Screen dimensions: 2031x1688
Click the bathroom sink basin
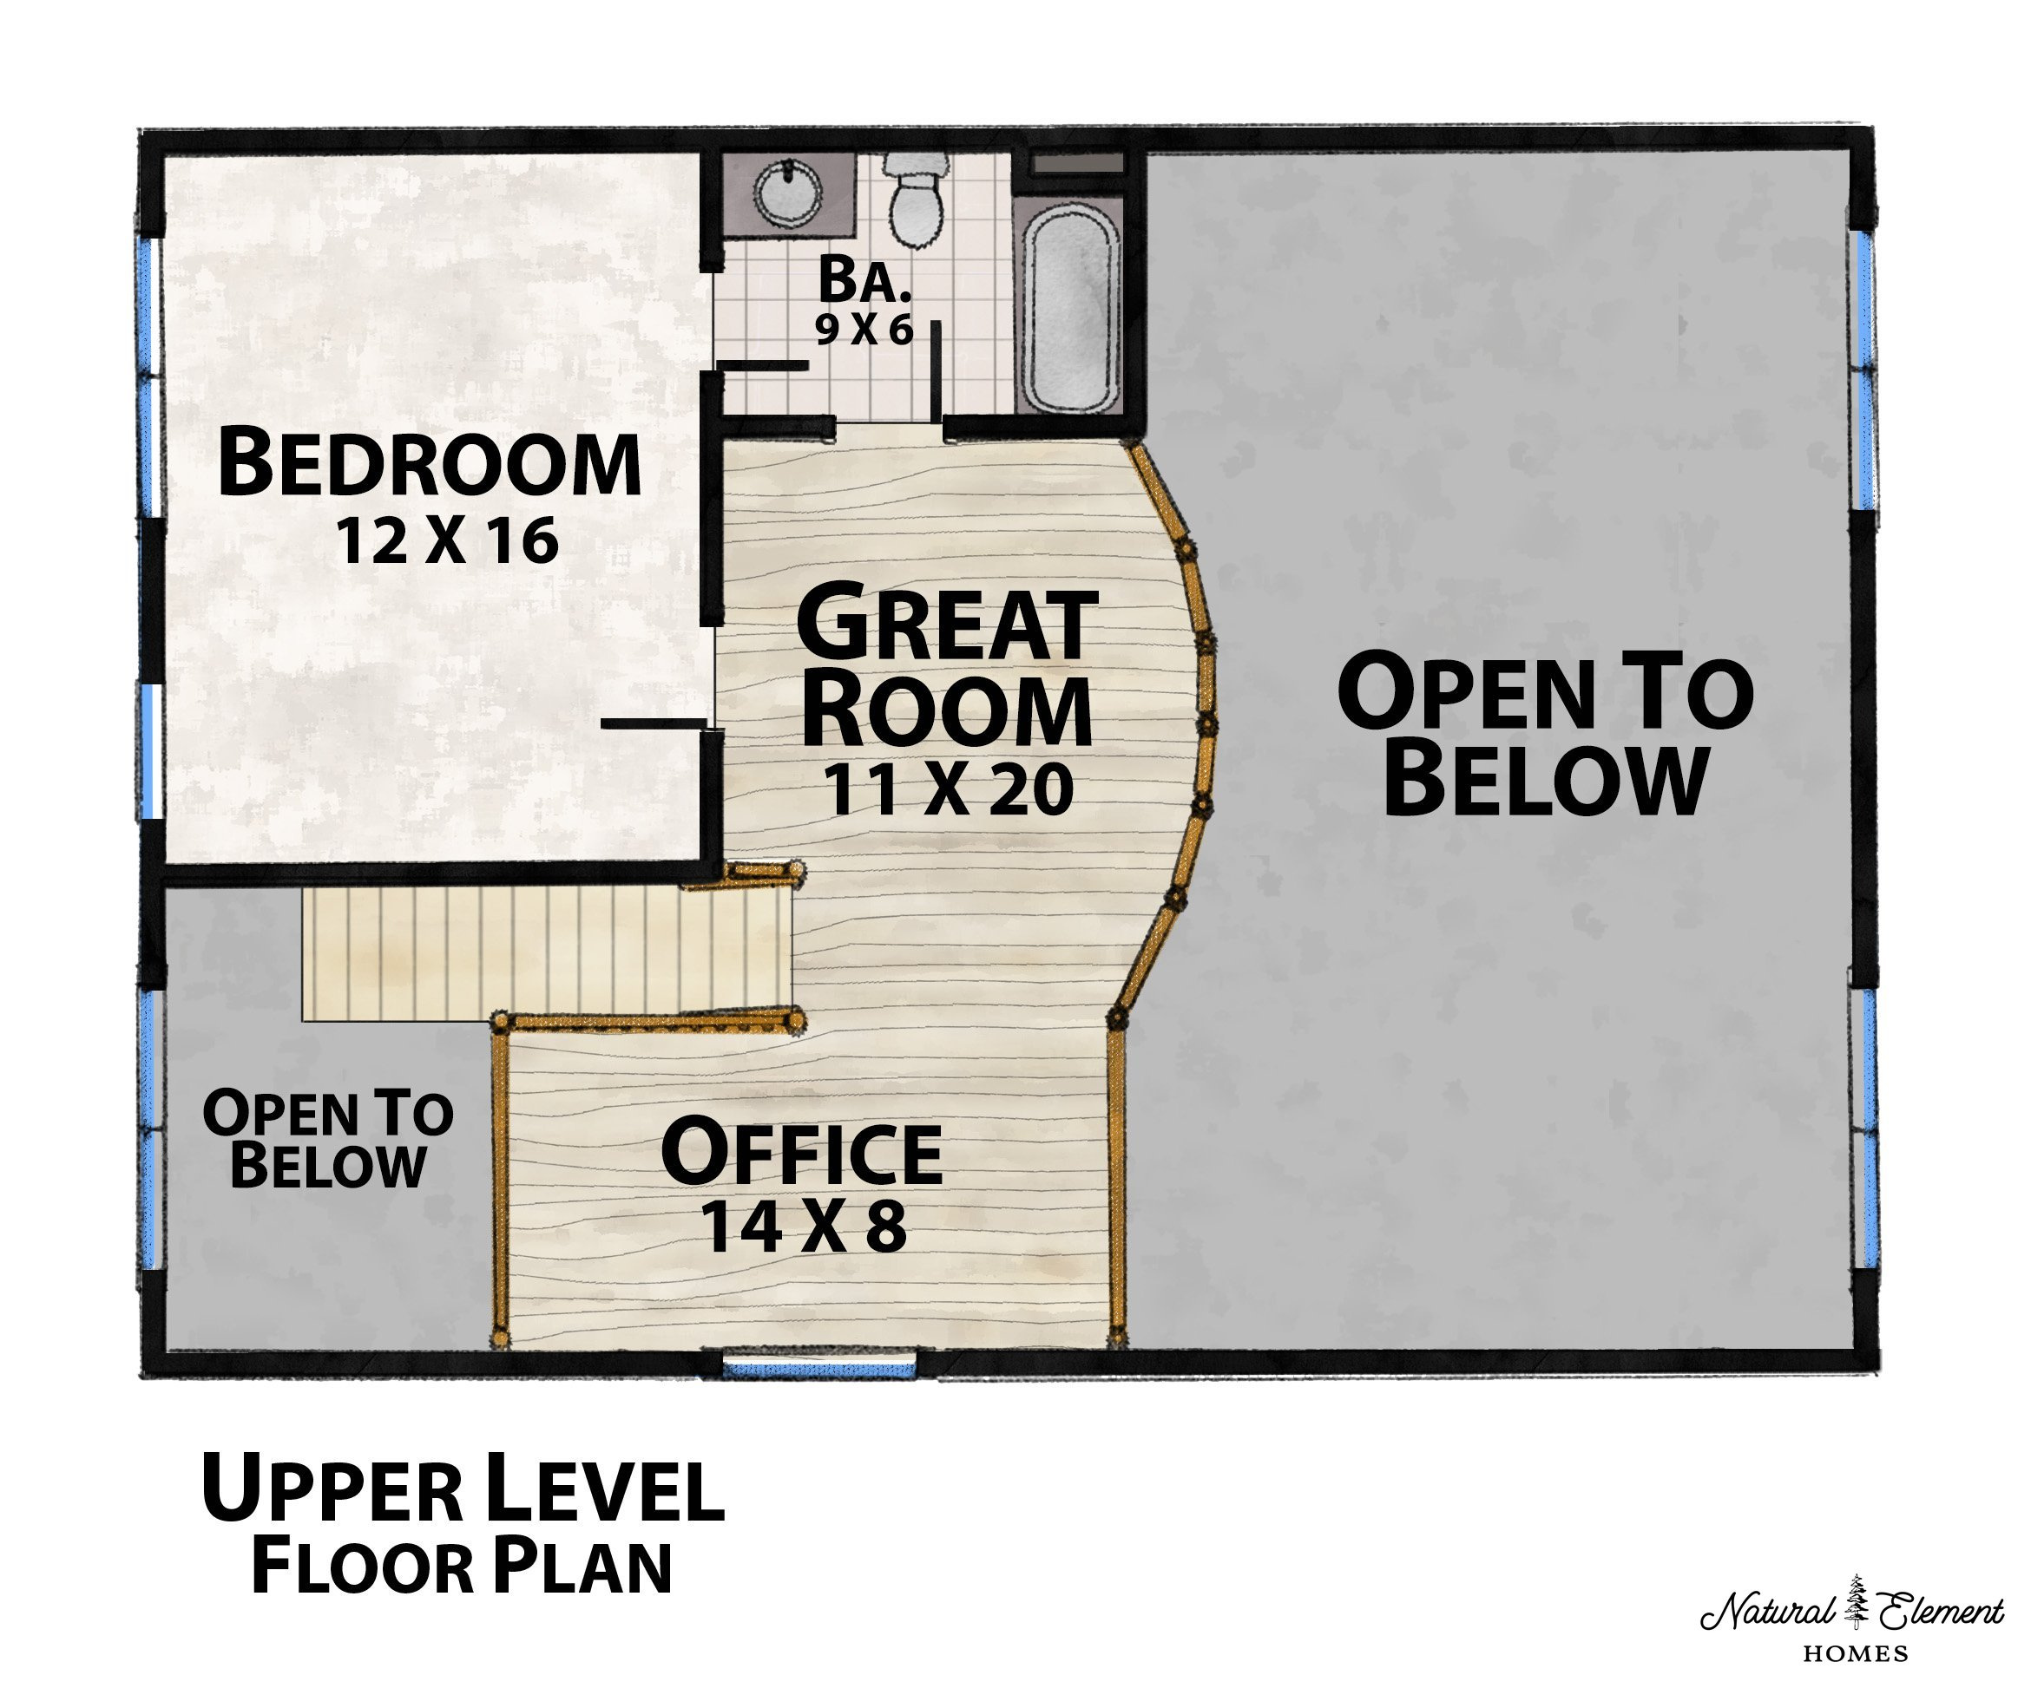coord(787,193)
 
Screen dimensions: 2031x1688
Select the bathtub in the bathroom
coord(1072,304)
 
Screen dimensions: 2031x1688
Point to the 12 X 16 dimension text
coord(447,540)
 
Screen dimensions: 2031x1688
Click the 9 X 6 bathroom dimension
coord(864,330)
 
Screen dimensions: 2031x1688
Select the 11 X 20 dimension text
coord(949,790)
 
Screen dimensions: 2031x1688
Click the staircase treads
coord(547,954)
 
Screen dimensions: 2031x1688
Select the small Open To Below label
coord(328,1139)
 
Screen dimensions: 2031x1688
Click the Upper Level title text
coord(463,1488)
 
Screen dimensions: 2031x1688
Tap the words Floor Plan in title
coord(462,1567)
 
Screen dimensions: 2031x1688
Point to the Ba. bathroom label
coord(864,279)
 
